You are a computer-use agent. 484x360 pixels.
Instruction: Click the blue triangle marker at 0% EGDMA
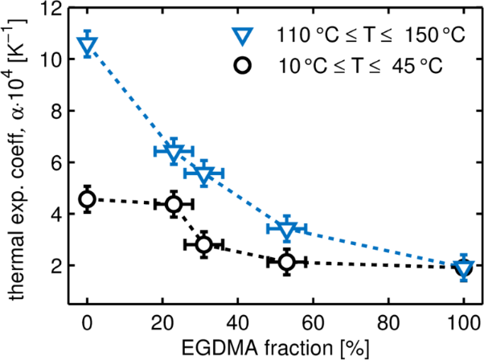[88, 45]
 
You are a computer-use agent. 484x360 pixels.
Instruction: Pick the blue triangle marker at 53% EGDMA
[288, 229]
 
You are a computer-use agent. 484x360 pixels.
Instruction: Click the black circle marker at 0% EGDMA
[88, 198]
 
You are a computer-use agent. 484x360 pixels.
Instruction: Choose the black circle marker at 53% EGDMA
[288, 261]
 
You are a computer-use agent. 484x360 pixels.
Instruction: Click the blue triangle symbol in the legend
[242, 36]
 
